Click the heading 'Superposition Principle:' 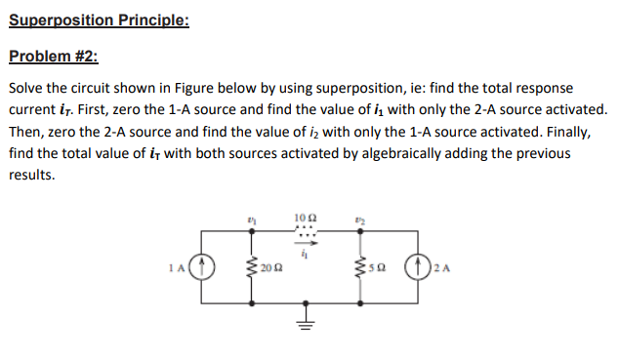[x=98, y=20]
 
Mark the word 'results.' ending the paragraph [x=32, y=177]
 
